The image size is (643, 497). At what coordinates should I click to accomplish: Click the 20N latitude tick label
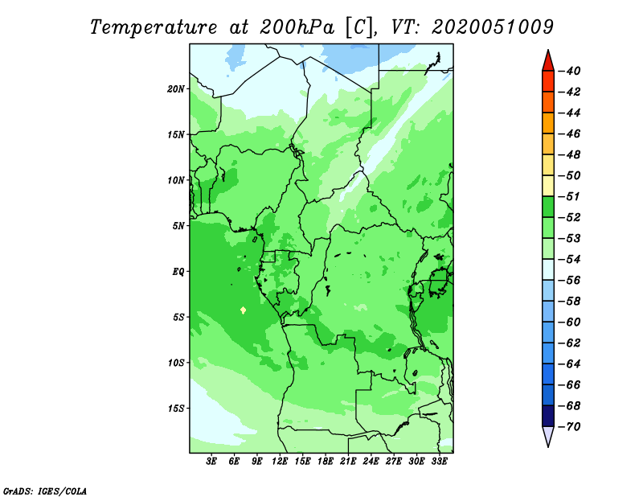[x=176, y=89]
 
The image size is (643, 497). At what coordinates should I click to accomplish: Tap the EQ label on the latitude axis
[x=178, y=272]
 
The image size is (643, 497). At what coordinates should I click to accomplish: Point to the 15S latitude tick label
[x=176, y=409]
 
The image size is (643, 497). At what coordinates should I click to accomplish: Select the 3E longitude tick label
[x=211, y=461]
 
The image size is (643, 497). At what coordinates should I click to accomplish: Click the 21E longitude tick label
[x=348, y=461]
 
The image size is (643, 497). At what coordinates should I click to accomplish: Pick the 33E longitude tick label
[x=439, y=461]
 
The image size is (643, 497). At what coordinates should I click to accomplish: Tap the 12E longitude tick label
[x=280, y=461]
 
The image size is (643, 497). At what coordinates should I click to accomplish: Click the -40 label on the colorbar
[x=570, y=71]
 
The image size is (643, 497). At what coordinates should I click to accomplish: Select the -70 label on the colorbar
[x=570, y=427]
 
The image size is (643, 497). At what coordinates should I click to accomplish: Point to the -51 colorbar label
[x=570, y=196]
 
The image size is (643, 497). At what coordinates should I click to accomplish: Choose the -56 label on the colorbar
[x=570, y=281]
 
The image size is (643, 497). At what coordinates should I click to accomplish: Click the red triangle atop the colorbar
[x=548, y=62]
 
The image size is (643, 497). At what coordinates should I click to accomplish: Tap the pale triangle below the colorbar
[x=548, y=435]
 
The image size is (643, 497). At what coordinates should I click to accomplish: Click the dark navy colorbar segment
[x=548, y=416]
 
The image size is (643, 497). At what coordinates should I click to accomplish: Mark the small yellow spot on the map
[x=244, y=310]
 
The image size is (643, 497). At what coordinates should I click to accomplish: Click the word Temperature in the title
[x=154, y=27]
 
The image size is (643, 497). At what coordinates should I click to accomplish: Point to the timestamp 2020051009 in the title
[x=493, y=27]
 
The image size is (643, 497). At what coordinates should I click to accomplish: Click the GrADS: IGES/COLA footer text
[x=45, y=491]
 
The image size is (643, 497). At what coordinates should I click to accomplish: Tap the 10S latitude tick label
[x=176, y=363]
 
